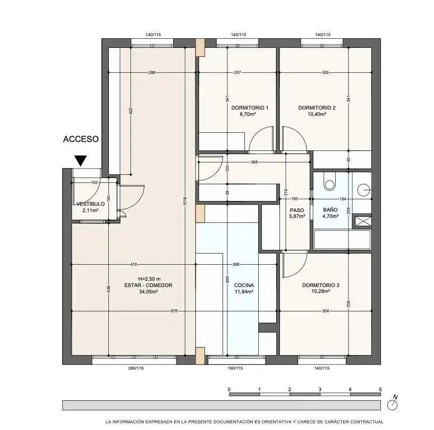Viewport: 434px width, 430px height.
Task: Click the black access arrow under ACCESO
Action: pyautogui.click(x=81, y=161)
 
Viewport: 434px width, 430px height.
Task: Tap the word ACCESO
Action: pyautogui.click(x=81, y=139)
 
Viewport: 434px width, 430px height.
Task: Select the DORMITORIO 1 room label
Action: pyautogui.click(x=250, y=108)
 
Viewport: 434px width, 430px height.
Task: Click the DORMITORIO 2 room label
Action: pyautogui.click(x=317, y=108)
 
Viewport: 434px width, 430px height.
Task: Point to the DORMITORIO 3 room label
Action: pyautogui.click(x=320, y=285)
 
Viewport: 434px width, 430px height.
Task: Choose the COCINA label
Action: pyautogui.click(x=244, y=285)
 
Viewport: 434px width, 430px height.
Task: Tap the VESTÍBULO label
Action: pyautogui.click(x=90, y=204)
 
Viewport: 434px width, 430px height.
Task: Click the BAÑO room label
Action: pyautogui.click(x=330, y=210)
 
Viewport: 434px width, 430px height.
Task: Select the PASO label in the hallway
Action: pyautogui.click(x=297, y=210)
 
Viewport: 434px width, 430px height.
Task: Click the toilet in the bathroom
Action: pyautogui.click(x=329, y=181)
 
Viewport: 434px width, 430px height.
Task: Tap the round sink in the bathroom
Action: pyautogui.click(x=364, y=190)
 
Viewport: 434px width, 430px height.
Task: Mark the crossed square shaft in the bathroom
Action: pyautogui.click(x=363, y=221)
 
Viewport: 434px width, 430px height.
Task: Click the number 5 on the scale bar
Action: pyautogui.click(x=380, y=389)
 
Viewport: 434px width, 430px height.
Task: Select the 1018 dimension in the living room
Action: pyautogui.click(x=185, y=201)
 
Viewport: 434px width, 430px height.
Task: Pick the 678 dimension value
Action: pyautogui.click(x=174, y=311)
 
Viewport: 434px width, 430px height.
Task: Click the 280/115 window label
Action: pyautogui.click(x=136, y=368)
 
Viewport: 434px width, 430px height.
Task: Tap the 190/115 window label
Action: pyautogui.click(x=235, y=368)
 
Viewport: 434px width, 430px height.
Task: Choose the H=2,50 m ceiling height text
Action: pyautogui.click(x=149, y=279)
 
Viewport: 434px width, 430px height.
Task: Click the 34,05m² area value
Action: pyautogui.click(x=149, y=292)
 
